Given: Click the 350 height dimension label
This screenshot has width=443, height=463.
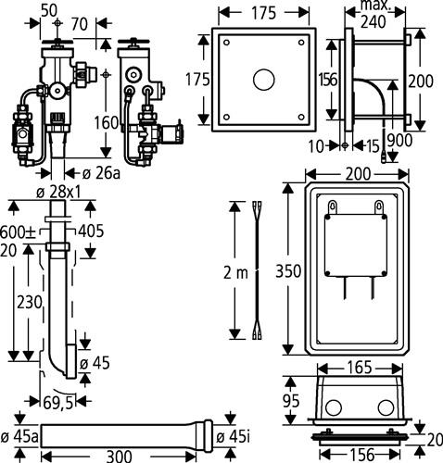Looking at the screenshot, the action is pos(288,271).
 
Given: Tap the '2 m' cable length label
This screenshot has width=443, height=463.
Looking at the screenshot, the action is pos(235,272).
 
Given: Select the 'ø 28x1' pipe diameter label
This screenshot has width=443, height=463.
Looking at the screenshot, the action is pos(58,193).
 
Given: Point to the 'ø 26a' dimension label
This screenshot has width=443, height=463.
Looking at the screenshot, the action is pos(101,174).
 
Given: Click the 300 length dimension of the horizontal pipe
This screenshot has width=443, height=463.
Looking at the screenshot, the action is pos(120,456).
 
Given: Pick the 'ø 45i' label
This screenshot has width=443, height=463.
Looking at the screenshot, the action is pos(233,437).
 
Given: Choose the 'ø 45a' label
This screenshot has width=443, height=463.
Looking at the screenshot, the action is pos(19,437).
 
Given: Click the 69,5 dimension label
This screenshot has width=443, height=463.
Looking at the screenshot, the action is pos(58,403).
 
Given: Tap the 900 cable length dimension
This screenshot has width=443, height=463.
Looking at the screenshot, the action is pos(399,141).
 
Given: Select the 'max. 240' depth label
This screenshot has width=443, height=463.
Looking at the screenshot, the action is pos(373,14).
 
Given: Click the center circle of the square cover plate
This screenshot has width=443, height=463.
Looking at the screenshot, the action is pos(263,80).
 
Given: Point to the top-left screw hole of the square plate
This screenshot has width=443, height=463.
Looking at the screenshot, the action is pos(226,43).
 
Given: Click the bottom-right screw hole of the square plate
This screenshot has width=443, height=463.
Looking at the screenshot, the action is pos(301,117).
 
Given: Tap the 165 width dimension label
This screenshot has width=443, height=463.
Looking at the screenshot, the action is pos(360,368).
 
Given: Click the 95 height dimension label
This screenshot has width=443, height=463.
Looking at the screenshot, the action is pos(291,401).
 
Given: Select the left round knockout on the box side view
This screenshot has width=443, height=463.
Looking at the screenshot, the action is pos(334,407).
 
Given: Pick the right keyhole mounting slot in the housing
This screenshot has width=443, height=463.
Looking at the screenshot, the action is pos(379,206).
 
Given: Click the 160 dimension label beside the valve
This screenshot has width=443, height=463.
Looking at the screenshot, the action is pos(106,122).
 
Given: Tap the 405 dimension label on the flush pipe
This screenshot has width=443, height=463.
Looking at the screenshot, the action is pos(91,231).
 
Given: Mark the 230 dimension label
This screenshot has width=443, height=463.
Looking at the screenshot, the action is pos(30,302).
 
